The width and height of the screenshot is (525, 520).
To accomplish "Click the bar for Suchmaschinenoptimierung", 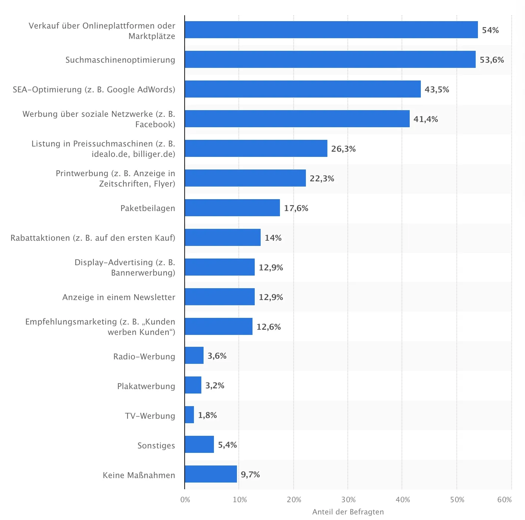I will point(330,59).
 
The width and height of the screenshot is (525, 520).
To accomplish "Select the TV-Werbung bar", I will point(189,415).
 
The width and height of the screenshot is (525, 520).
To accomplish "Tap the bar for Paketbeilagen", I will point(232,208).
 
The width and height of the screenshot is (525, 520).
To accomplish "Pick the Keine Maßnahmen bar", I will point(211,474).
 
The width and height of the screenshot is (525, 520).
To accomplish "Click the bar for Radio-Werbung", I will point(194,355).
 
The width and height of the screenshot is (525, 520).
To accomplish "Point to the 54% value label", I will point(490,30).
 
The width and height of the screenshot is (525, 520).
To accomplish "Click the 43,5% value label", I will point(437,90).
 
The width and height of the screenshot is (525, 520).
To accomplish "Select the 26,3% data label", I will point(343,149).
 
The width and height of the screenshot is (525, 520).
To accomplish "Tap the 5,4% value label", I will point(227,445).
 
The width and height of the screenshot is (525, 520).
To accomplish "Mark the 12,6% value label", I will point(268,327).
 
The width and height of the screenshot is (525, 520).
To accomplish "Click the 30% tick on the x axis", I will point(348,500).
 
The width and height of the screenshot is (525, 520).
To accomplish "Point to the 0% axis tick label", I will point(185,500).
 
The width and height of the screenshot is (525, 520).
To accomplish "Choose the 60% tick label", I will point(504,500).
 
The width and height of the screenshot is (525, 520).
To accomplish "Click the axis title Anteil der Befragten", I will point(348,512).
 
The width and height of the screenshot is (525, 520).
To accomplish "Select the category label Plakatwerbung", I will point(146,386).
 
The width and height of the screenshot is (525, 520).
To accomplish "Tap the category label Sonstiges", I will point(156,445).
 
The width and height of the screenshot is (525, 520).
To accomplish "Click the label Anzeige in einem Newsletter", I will point(119,297).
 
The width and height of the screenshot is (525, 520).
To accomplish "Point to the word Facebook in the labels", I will point(155,124).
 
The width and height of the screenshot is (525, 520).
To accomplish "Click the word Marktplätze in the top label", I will point(152,36).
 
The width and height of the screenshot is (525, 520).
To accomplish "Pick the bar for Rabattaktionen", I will point(222,237).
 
